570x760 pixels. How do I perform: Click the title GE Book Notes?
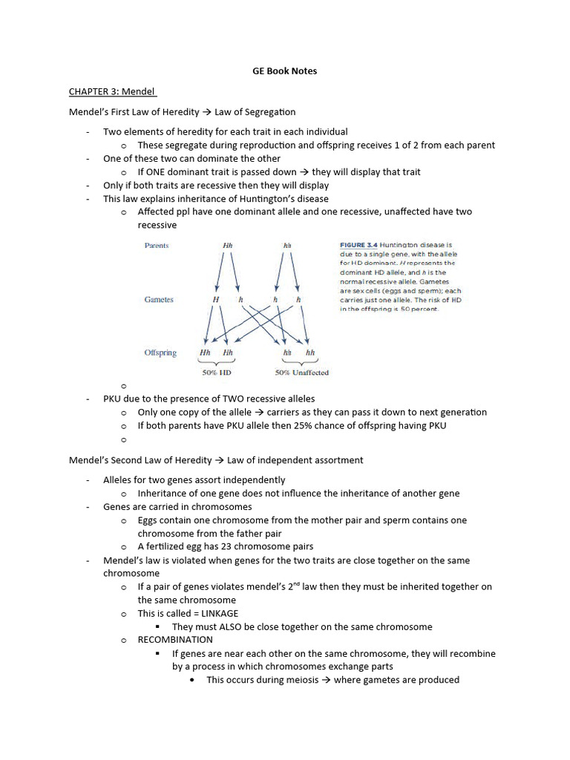pyautogui.click(x=285, y=71)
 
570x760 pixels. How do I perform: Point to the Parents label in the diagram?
pyautogui.click(x=157, y=246)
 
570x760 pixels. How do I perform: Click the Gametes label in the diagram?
pyautogui.click(x=159, y=300)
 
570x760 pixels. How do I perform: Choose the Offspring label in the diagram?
pyautogui.click(x=160, y=353)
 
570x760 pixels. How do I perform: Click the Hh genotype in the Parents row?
pyautogui.click(x=227, y=246)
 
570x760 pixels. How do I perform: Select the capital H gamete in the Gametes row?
pyautogui.click(x=216, y=300)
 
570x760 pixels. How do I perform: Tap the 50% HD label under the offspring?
pyautogui.click(x=216, y=373)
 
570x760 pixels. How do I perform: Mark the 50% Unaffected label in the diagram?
pyautogui.click(x=301, y=373)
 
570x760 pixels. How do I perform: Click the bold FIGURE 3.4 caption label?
pyautogui.click(x=361, y=244)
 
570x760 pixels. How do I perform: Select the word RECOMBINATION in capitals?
pyautogui.click(x=175, y=640)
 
